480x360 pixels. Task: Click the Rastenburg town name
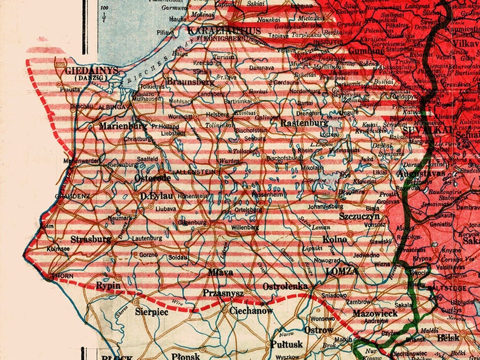coord(304,123)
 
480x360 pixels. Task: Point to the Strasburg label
coord(91,239)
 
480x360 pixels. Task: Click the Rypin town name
coord(108,285)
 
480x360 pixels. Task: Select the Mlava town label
coord(221,272)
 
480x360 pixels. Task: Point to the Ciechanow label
coord(251,311)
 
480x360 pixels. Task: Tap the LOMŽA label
coord(342,271)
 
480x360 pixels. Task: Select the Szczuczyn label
coord(359,216)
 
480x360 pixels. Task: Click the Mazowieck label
coord(375,313)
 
